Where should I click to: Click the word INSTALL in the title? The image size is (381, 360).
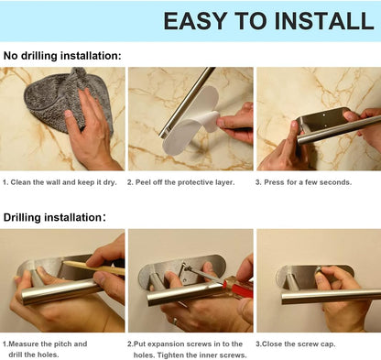coord(324,21)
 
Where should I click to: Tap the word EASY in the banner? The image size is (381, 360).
coord(195,21)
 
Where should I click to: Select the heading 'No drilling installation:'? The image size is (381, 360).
coord(62,56)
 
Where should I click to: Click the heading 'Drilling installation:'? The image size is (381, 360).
coord(55,217)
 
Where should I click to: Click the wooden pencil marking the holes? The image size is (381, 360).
coord(93,267)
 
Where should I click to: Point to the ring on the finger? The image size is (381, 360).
coord(175,321)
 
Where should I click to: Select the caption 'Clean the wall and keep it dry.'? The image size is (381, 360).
coord(60,182)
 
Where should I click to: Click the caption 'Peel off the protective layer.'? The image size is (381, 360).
coord(181,182)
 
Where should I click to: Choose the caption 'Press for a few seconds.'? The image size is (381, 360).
coord(303,182)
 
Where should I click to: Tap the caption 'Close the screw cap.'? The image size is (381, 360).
coord(296,344)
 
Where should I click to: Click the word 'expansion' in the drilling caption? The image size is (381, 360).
coord(165,344)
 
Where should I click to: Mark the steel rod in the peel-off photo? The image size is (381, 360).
coord(186,103)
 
